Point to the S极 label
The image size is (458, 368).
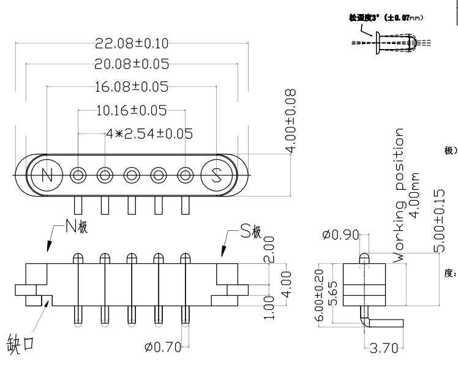(250, 231)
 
